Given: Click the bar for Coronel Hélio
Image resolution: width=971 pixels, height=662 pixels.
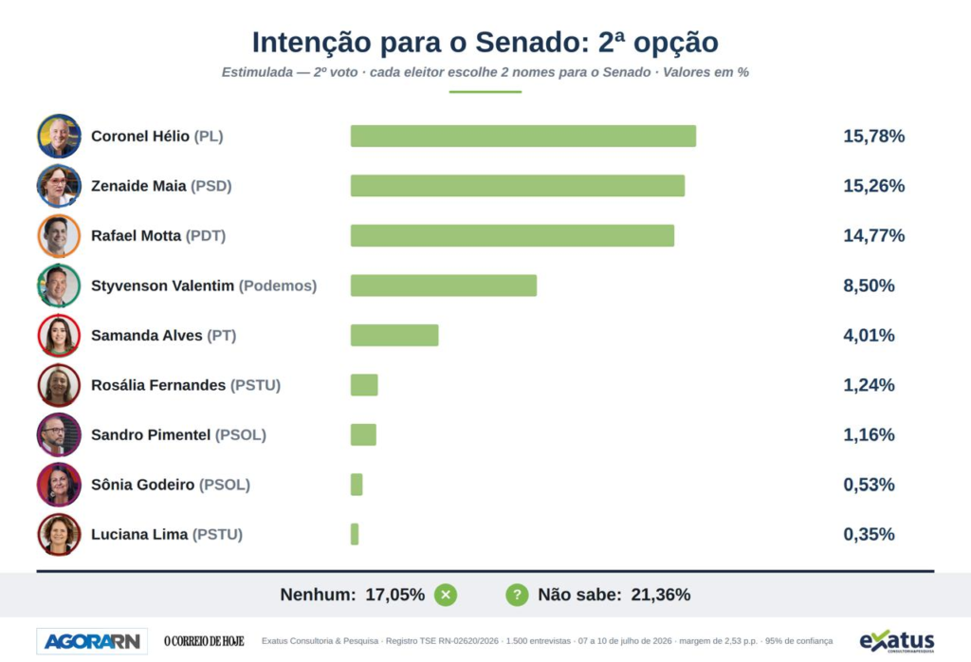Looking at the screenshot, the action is (x=523, y=137).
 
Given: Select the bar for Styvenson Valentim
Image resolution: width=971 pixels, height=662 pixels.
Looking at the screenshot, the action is (x=444, y=285).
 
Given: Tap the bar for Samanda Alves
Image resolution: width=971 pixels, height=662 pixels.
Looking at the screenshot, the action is (x=394, y=335).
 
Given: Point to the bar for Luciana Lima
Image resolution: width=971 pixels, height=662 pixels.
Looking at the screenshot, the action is (x=355, y=534).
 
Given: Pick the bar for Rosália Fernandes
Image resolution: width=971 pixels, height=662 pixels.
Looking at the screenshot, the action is (x=364, y=385).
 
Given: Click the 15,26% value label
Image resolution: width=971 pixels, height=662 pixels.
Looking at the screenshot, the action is (x=873, y=186).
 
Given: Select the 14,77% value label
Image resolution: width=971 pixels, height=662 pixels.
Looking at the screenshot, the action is (x=873, y=235).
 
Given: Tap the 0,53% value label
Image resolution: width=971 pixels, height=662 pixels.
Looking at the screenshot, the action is (x=869, y=485).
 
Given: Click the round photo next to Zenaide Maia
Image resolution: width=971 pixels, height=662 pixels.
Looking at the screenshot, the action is (x=59, y=186).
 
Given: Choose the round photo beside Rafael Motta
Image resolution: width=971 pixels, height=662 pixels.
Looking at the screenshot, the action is (x=59, y=235).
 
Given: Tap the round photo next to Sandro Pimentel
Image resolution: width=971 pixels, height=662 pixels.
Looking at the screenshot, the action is (x=59, y=434).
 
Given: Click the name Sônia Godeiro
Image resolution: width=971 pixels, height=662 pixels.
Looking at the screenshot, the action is (x=142, y=485).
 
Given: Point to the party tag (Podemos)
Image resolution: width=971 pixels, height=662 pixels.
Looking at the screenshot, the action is (x=278, y=285).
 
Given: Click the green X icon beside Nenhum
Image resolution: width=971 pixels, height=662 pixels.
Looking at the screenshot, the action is (x=446, y=595).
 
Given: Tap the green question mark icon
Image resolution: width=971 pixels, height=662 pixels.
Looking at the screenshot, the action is (x=517, y=595).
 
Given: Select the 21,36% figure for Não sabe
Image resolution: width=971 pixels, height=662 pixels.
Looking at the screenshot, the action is (x=661, y=595).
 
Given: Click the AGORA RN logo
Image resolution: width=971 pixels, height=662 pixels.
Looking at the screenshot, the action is (x=92, y=641).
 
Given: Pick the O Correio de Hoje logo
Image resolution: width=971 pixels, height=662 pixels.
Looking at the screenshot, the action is (x=205, y=641).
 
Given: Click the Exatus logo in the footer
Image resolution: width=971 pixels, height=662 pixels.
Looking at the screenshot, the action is (x=897, y=641).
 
